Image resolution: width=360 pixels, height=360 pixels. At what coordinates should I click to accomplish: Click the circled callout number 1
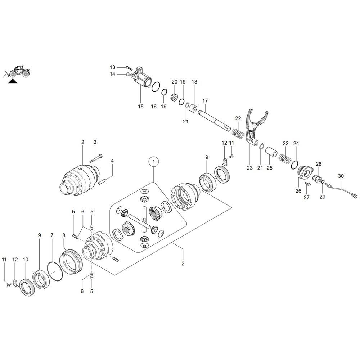pyautogui.click(x=154, y=162)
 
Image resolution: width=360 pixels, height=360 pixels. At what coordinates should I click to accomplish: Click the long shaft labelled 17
pyautogui.click(x=215, y=121)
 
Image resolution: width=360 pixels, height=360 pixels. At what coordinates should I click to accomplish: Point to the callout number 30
pyautogui.click(x=341, y=176)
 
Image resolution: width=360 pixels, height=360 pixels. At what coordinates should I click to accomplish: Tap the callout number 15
pyautogui.click(x=140, y=107)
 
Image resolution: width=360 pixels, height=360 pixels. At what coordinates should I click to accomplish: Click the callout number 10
pyautogui.click(x=25, y=259)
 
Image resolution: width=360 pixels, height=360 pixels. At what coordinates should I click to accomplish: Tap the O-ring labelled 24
pyautogui.click(x=294, y=164)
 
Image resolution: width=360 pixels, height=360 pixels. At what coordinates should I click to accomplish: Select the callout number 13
pyautogui.click(x=113, y=67)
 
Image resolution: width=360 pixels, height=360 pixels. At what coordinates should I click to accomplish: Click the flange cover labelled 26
pyautogui.click(x=305, y=172)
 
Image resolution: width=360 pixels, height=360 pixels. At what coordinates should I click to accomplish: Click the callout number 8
pyautogui.click(x=64, y=235)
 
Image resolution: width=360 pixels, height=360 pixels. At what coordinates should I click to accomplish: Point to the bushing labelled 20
pyautogui.click(x=175, y=97)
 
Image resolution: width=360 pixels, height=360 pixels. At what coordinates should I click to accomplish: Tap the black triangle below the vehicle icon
pyautogui.click(x=13, y=81)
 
